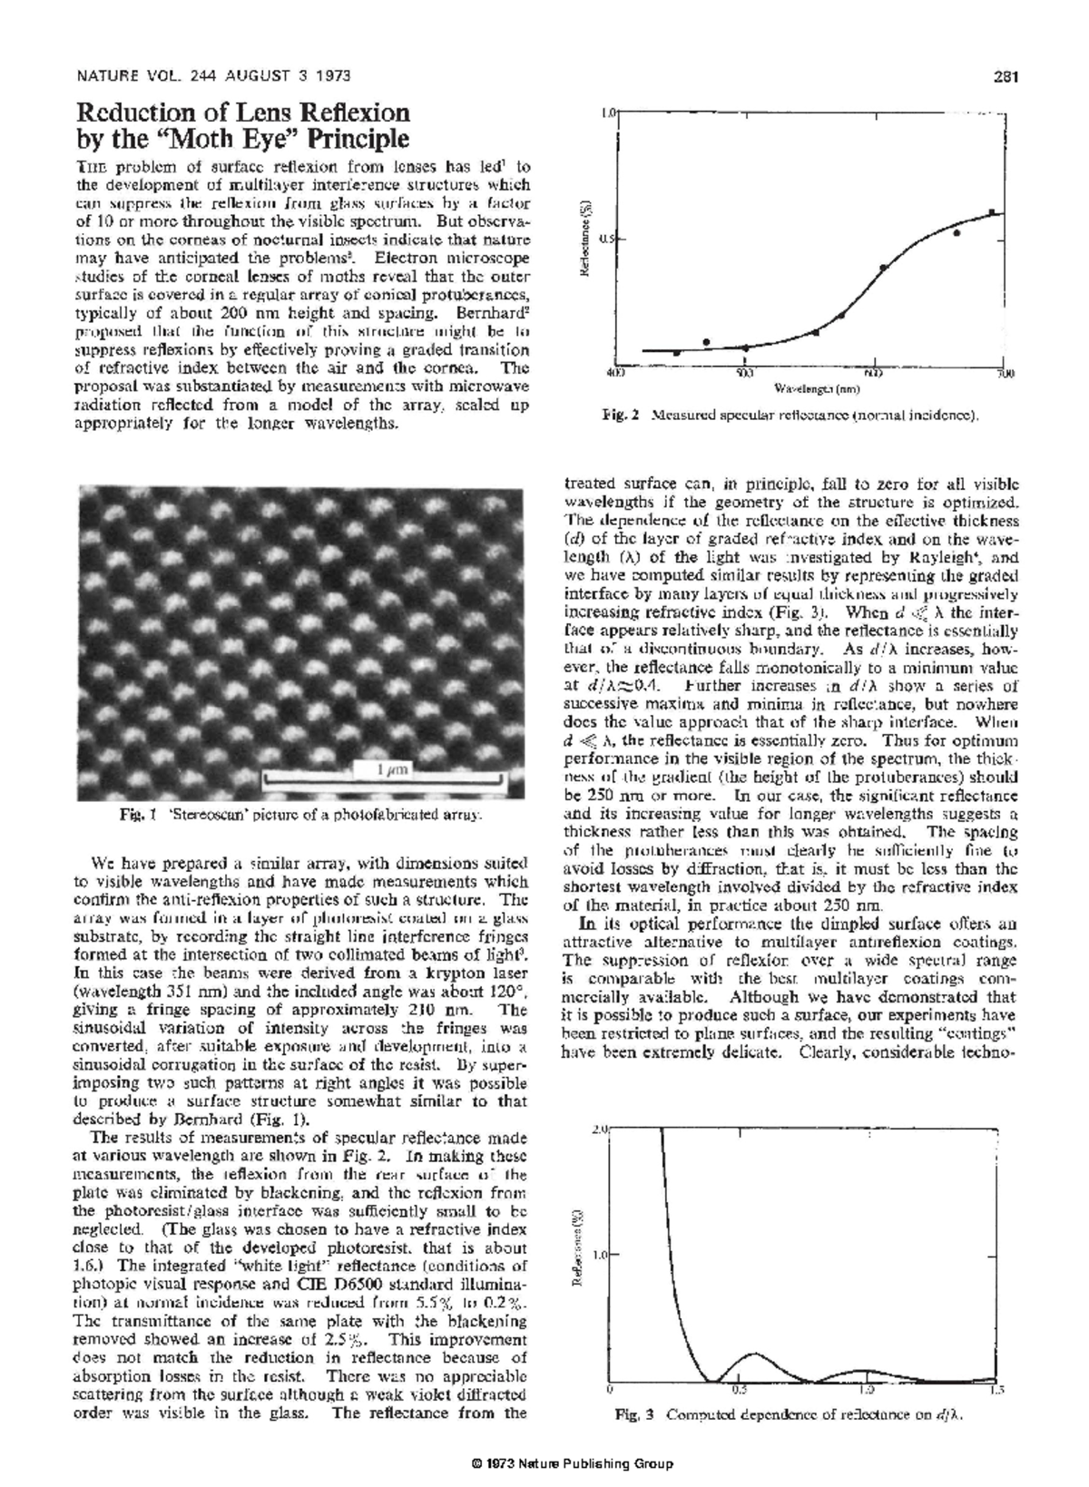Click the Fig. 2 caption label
pos(621,416)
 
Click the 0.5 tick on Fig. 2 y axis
pos(607,240)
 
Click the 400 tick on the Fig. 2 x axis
pos(614,373)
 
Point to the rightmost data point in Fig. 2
pos(992,212)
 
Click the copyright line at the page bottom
pos(567,1463)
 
